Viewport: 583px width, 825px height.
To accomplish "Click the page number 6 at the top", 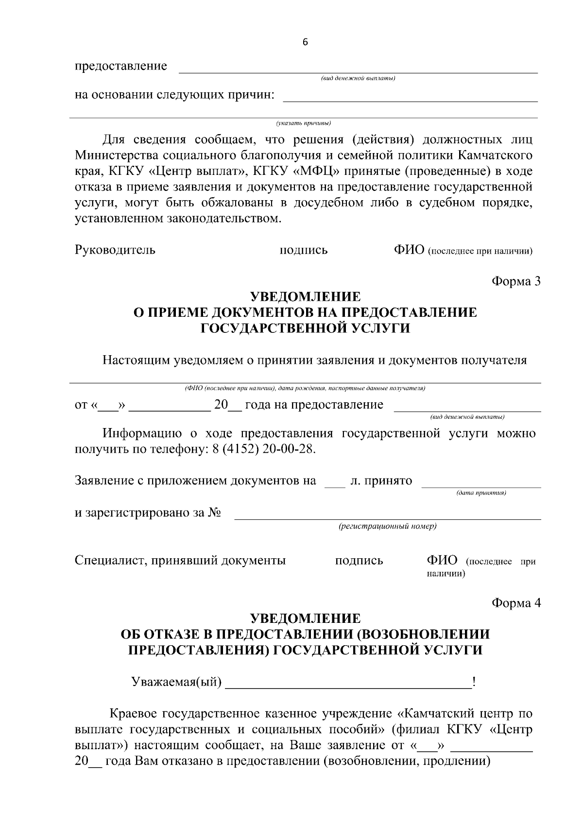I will (x=305, y=42).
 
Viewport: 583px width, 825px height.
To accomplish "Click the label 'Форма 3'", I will (x=516, y=281).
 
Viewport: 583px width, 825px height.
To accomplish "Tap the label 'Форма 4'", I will (x=516, y=603).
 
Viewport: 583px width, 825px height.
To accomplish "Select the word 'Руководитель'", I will (x=115, y=250).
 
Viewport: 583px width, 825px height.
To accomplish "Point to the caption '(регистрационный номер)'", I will (x=387, y=527).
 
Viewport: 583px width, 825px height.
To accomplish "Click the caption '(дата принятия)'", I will (x=481, y=493).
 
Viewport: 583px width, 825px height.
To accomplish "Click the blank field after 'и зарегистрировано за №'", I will (x=387, y=514).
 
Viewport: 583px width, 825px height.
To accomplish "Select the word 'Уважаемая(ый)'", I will (x=176, y=683).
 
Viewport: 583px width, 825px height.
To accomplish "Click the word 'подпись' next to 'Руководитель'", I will (x=304, y=251).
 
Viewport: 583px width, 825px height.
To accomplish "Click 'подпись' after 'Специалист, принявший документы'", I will (x=359, y=561).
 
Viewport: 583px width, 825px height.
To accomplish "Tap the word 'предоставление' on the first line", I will (x=120, y=66).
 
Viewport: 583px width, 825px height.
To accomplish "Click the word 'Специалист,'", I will (x=111, y=561).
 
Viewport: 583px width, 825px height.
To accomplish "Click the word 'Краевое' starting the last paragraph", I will (x=134, y=714).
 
